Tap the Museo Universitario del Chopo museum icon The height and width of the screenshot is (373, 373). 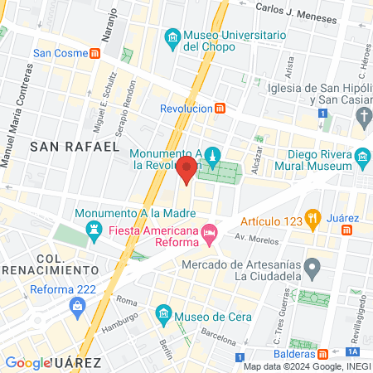[172, 38]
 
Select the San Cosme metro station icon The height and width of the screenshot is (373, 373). [96, 53]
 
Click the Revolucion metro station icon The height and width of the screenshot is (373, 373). [220, 109]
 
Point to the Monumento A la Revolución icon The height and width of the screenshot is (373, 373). [213, 156]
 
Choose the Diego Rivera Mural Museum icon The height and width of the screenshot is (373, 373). [362, 157]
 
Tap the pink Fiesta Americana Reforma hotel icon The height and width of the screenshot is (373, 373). [210, 235]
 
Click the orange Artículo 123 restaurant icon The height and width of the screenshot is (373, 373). [312, 220]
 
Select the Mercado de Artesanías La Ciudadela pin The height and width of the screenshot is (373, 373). [312, 268]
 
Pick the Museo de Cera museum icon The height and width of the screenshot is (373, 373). [162, 314]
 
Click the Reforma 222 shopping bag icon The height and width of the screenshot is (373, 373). [77, 307]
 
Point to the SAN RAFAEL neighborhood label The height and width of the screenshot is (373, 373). [74, 147]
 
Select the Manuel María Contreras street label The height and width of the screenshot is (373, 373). [15, 124]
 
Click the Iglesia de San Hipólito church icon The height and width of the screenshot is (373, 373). [362, 119]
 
